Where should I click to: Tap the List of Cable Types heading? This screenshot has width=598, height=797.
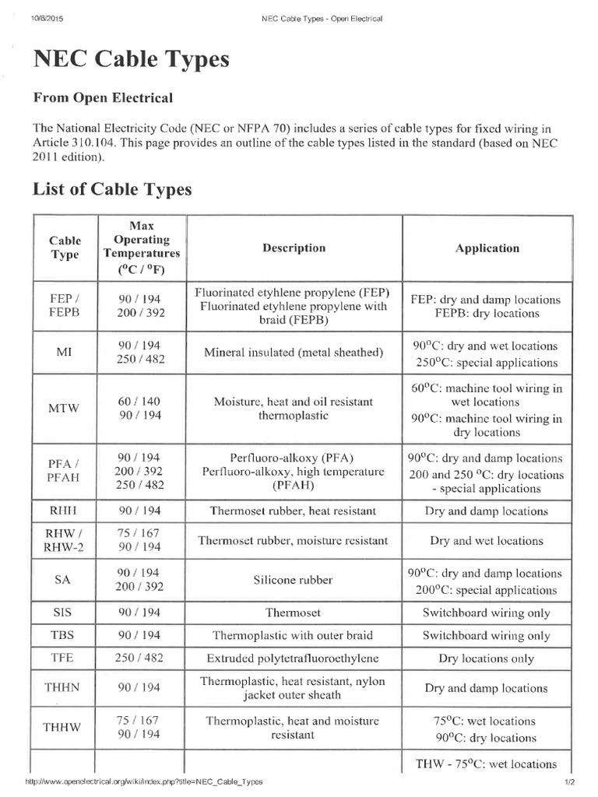pyautogui.click(x=111, y=189)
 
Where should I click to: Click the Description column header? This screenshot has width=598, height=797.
pyautogui.click(x=294, y=248)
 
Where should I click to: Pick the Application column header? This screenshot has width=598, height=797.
pyautogui.click(x=487, y=248)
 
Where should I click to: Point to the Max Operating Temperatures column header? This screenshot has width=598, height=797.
pyautogui.click(x=141, y=248)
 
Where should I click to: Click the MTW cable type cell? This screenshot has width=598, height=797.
pyautogui.click(x=65, y=409)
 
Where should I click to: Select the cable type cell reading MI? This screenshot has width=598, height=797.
pyautogui.click(x=65, y=353)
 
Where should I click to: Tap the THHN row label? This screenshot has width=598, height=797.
pyautogui.click(x=65, y=688)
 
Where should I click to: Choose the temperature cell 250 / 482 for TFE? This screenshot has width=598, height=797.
pyautogui.click(x=141, y=658)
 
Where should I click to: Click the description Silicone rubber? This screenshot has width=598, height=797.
pyautogui.click(x=294, y=581)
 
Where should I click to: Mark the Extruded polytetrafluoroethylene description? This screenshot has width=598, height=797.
pyautogui.click(x=294, y=658)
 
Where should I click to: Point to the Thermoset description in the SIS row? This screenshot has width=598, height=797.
pyautogui.click(x=294, y=613)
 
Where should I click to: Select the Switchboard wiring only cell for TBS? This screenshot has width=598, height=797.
pyautogui.click(x=486, y=635)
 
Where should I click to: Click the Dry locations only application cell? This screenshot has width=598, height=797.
pyautogui.click(x=486, y=658)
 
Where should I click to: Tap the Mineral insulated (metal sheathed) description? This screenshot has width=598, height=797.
pyautogui.click(x=294, y=353)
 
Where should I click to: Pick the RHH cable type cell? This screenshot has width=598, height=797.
pyautogui.click(x=65, y=511)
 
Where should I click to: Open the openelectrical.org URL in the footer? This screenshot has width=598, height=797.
pyautogui.click(x=144, y=781)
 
